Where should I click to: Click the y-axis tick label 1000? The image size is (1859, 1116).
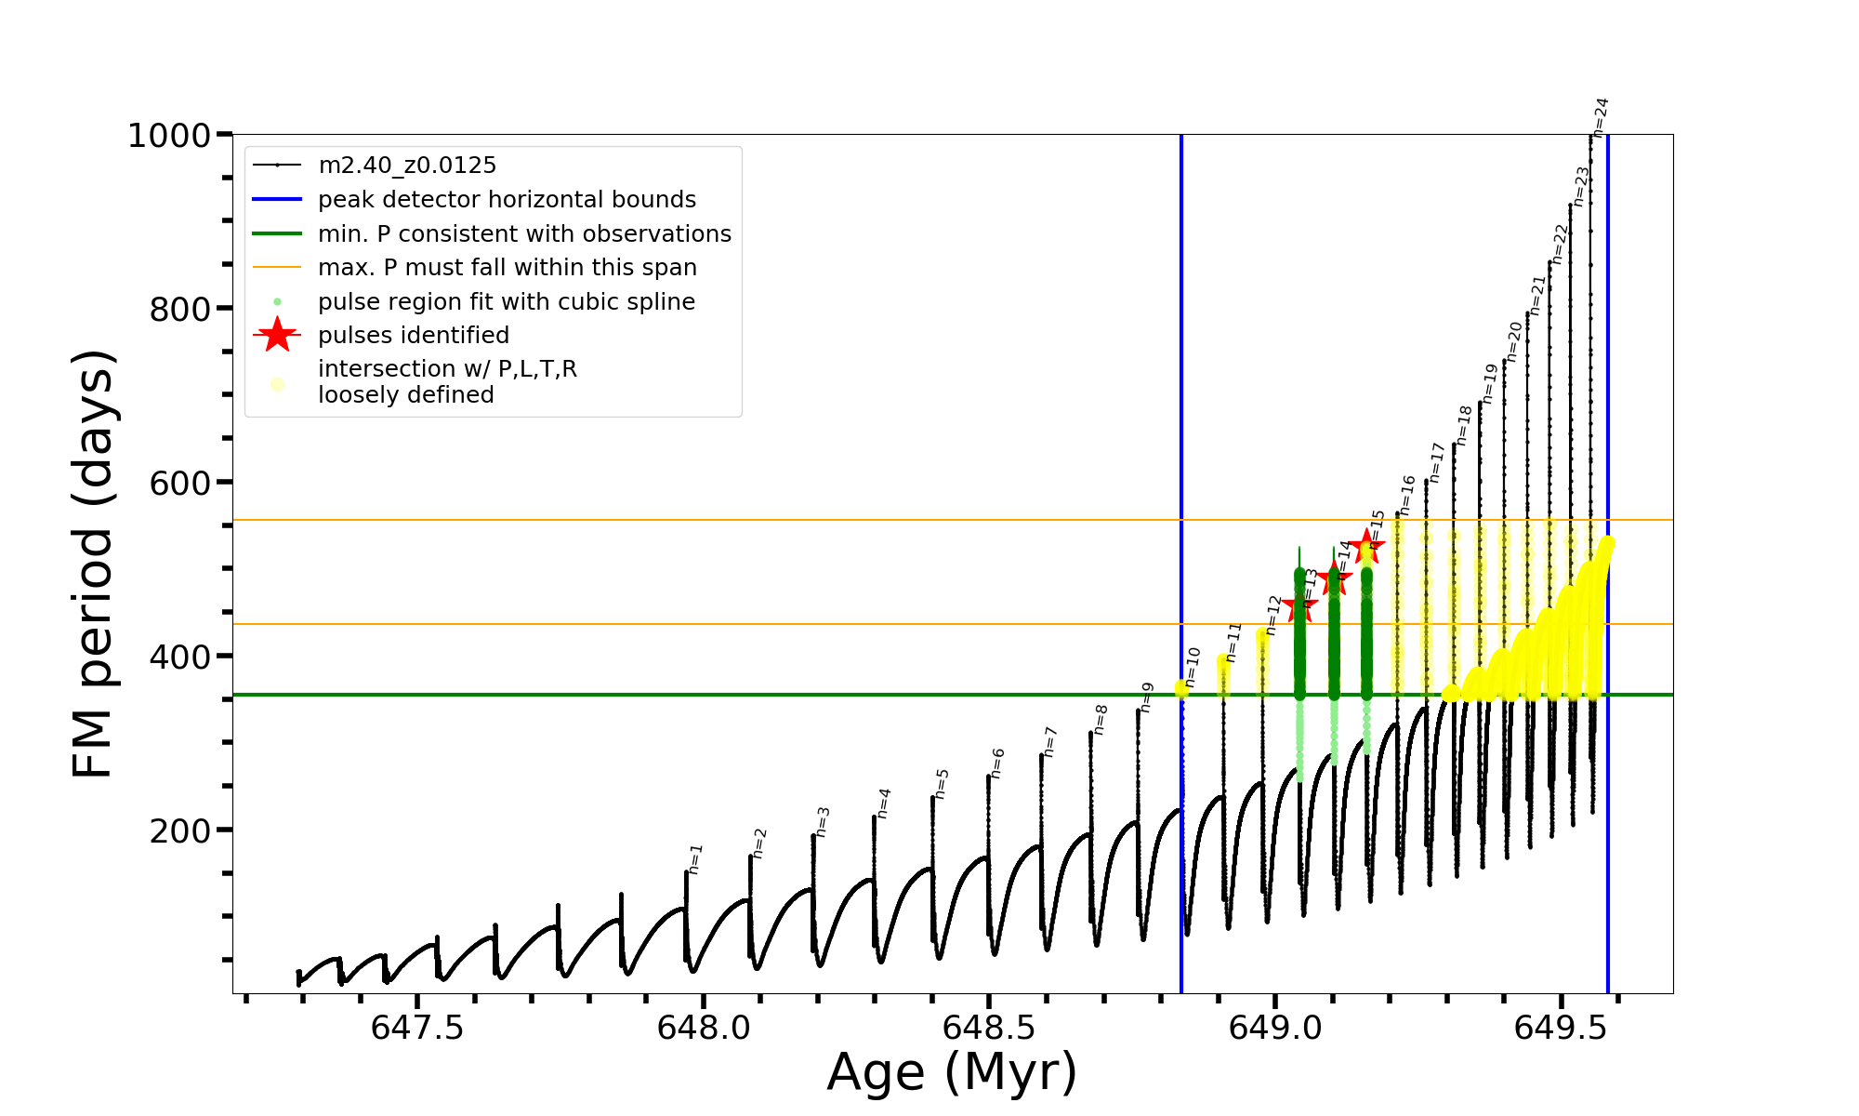coord(169,136)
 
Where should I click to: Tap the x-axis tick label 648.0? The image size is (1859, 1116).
coord(704,1028)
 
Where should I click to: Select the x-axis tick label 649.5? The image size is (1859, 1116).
coord(1561,1028)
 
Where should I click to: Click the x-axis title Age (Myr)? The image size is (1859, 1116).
coord(952,1072)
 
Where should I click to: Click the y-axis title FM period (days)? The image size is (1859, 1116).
coord(94,564)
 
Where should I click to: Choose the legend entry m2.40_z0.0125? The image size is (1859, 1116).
coord(407,166)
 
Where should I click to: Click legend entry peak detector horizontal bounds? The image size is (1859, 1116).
coord(507,200)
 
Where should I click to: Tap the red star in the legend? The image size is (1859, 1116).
coord(277,335)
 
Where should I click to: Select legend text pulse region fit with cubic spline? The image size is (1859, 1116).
coord(507,302)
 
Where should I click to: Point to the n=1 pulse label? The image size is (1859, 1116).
coord(695,859)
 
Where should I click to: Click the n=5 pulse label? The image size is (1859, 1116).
coord(942,784)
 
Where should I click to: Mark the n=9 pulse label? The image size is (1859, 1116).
coord(1147,697)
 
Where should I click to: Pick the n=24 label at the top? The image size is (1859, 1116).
coord(1600,116)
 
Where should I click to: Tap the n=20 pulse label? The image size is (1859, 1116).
coord(1514,341)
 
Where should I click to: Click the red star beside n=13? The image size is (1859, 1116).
coord(1299,606)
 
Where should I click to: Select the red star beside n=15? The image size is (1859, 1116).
coord(1366,546)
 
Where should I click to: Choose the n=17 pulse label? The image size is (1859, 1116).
coord(1437,462)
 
